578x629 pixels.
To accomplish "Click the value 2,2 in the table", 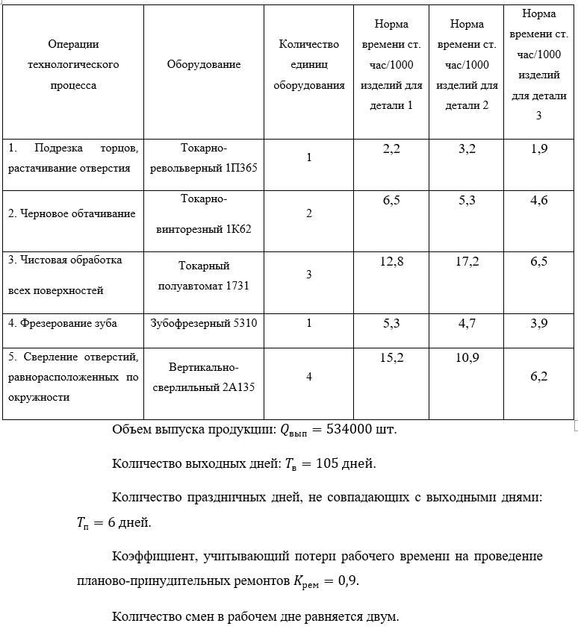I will click(x=391, y=149).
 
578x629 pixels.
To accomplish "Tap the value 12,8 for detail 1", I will click(x=391, y=262).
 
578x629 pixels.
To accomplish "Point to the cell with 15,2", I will click(x=391, y=359).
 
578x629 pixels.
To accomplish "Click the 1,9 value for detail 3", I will click(x=539, y=149).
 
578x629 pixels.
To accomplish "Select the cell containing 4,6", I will click(x=539, y=201).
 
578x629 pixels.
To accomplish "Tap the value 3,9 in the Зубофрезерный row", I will click(x=539, y=323).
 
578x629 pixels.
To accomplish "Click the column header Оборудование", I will click(x=204, y=65).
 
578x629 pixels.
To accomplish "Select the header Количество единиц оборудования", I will click(x=308, y=65).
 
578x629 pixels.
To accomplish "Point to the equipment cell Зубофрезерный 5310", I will click(x=204, y=324).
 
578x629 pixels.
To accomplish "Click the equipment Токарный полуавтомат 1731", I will click(x=204, y=275).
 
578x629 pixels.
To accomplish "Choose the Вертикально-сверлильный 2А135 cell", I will click(x=204, y=377).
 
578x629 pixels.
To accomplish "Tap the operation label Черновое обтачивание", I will click(x=72, y=214).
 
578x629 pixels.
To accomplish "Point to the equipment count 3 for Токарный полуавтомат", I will click(x=308, y=275).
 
